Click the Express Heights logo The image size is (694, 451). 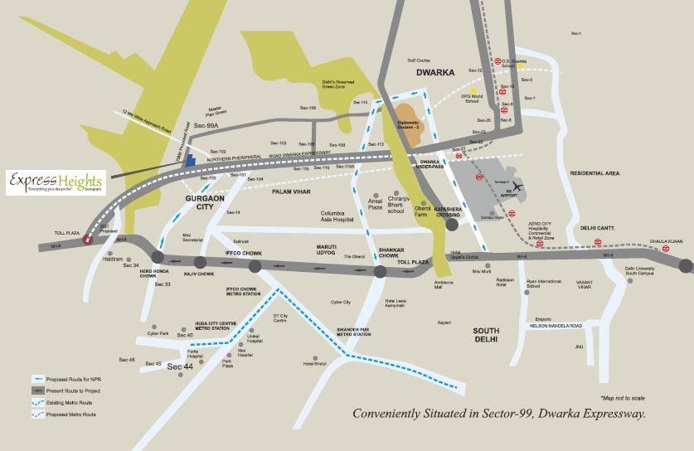pyautogui.click(x=55, y=182)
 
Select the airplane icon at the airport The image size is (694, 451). pyautogui.click(x=519, y=186)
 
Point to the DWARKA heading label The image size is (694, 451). pyautogui.click(x=435, y=73)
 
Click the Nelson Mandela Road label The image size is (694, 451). pyautogui.click(x=562, y=326)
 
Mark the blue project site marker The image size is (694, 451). pyautogui.click(x=190, y=161)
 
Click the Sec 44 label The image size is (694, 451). pyautogui.click(x=180, y=366)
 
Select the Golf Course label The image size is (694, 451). pyautogui.click(x=419, y=61)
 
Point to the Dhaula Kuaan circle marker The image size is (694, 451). pyautogui.click(x=686, y=265)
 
